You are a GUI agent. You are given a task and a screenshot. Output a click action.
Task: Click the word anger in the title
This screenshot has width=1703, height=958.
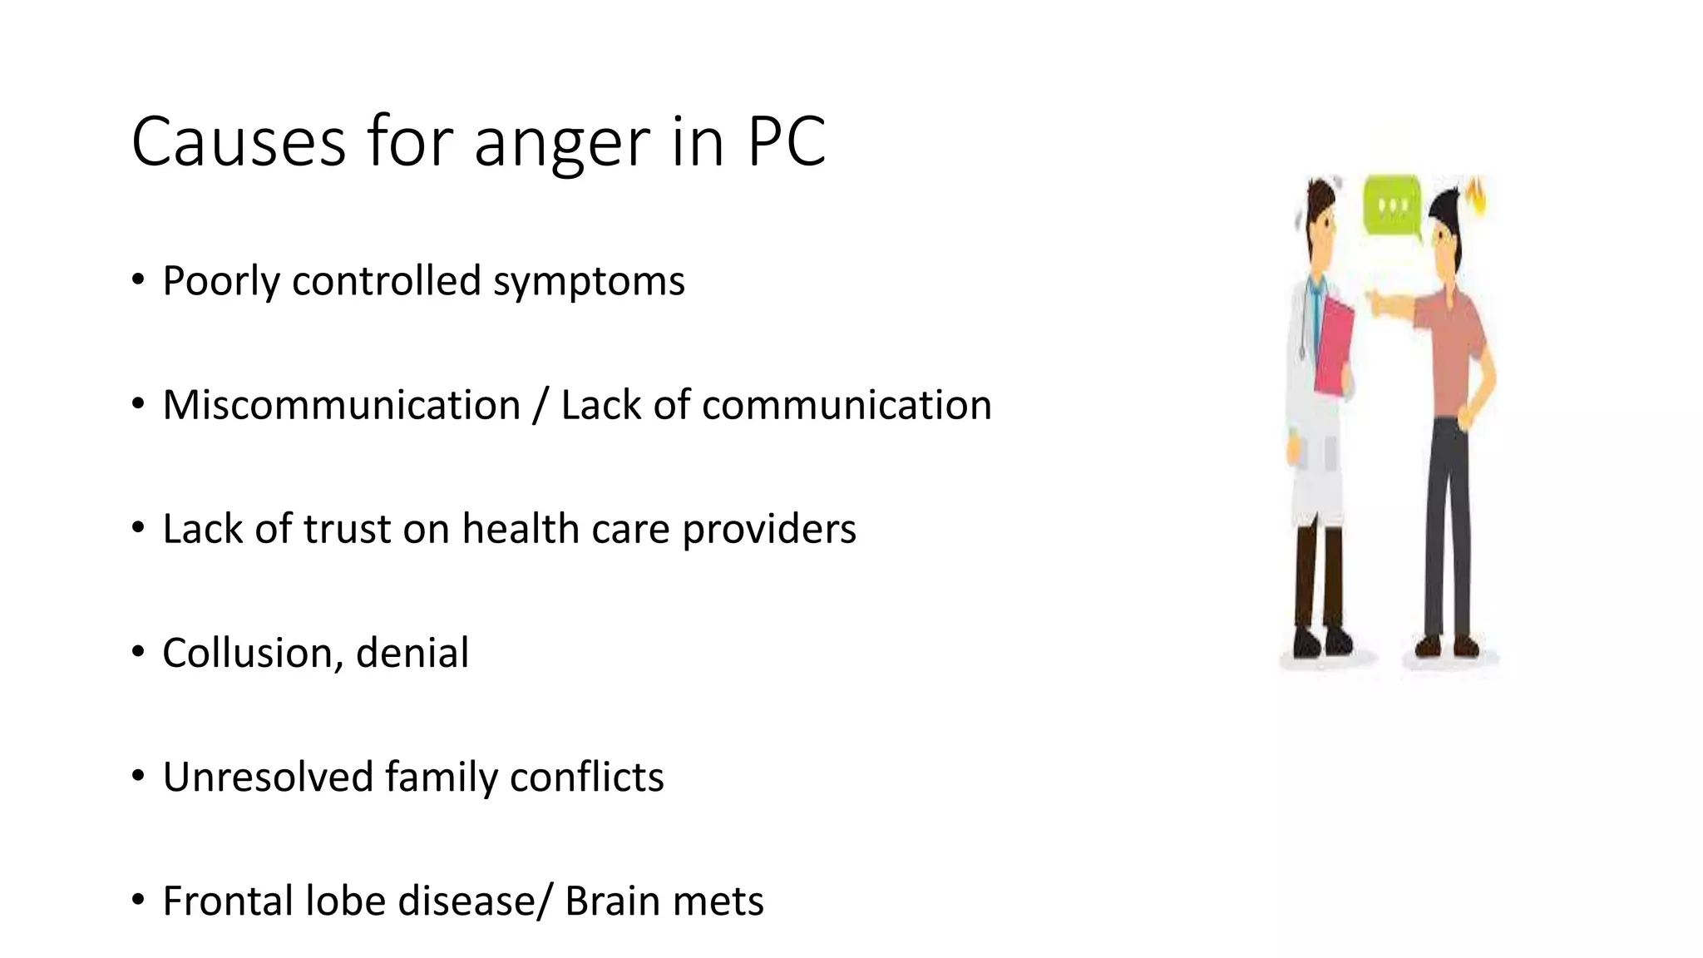coord(562,143)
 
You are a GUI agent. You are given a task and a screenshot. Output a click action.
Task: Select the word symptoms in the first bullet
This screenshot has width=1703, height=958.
coord(589,281)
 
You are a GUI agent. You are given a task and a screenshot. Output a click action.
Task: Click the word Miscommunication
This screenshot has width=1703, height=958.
coord(341,405)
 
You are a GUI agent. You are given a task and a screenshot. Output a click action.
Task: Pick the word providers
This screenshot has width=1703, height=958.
coord(768,529)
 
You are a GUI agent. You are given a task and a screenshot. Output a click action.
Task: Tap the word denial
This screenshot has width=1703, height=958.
coord(412,653)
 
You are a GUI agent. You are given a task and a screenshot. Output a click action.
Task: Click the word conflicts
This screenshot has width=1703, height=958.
coord(586,777)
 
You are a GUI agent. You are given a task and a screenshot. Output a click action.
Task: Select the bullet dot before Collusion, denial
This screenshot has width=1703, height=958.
coord(138,653)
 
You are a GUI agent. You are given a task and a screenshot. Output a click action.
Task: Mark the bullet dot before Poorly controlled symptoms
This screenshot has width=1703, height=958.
coord(138,280)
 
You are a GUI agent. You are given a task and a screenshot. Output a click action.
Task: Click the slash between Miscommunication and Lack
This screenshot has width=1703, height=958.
coord(541,405)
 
